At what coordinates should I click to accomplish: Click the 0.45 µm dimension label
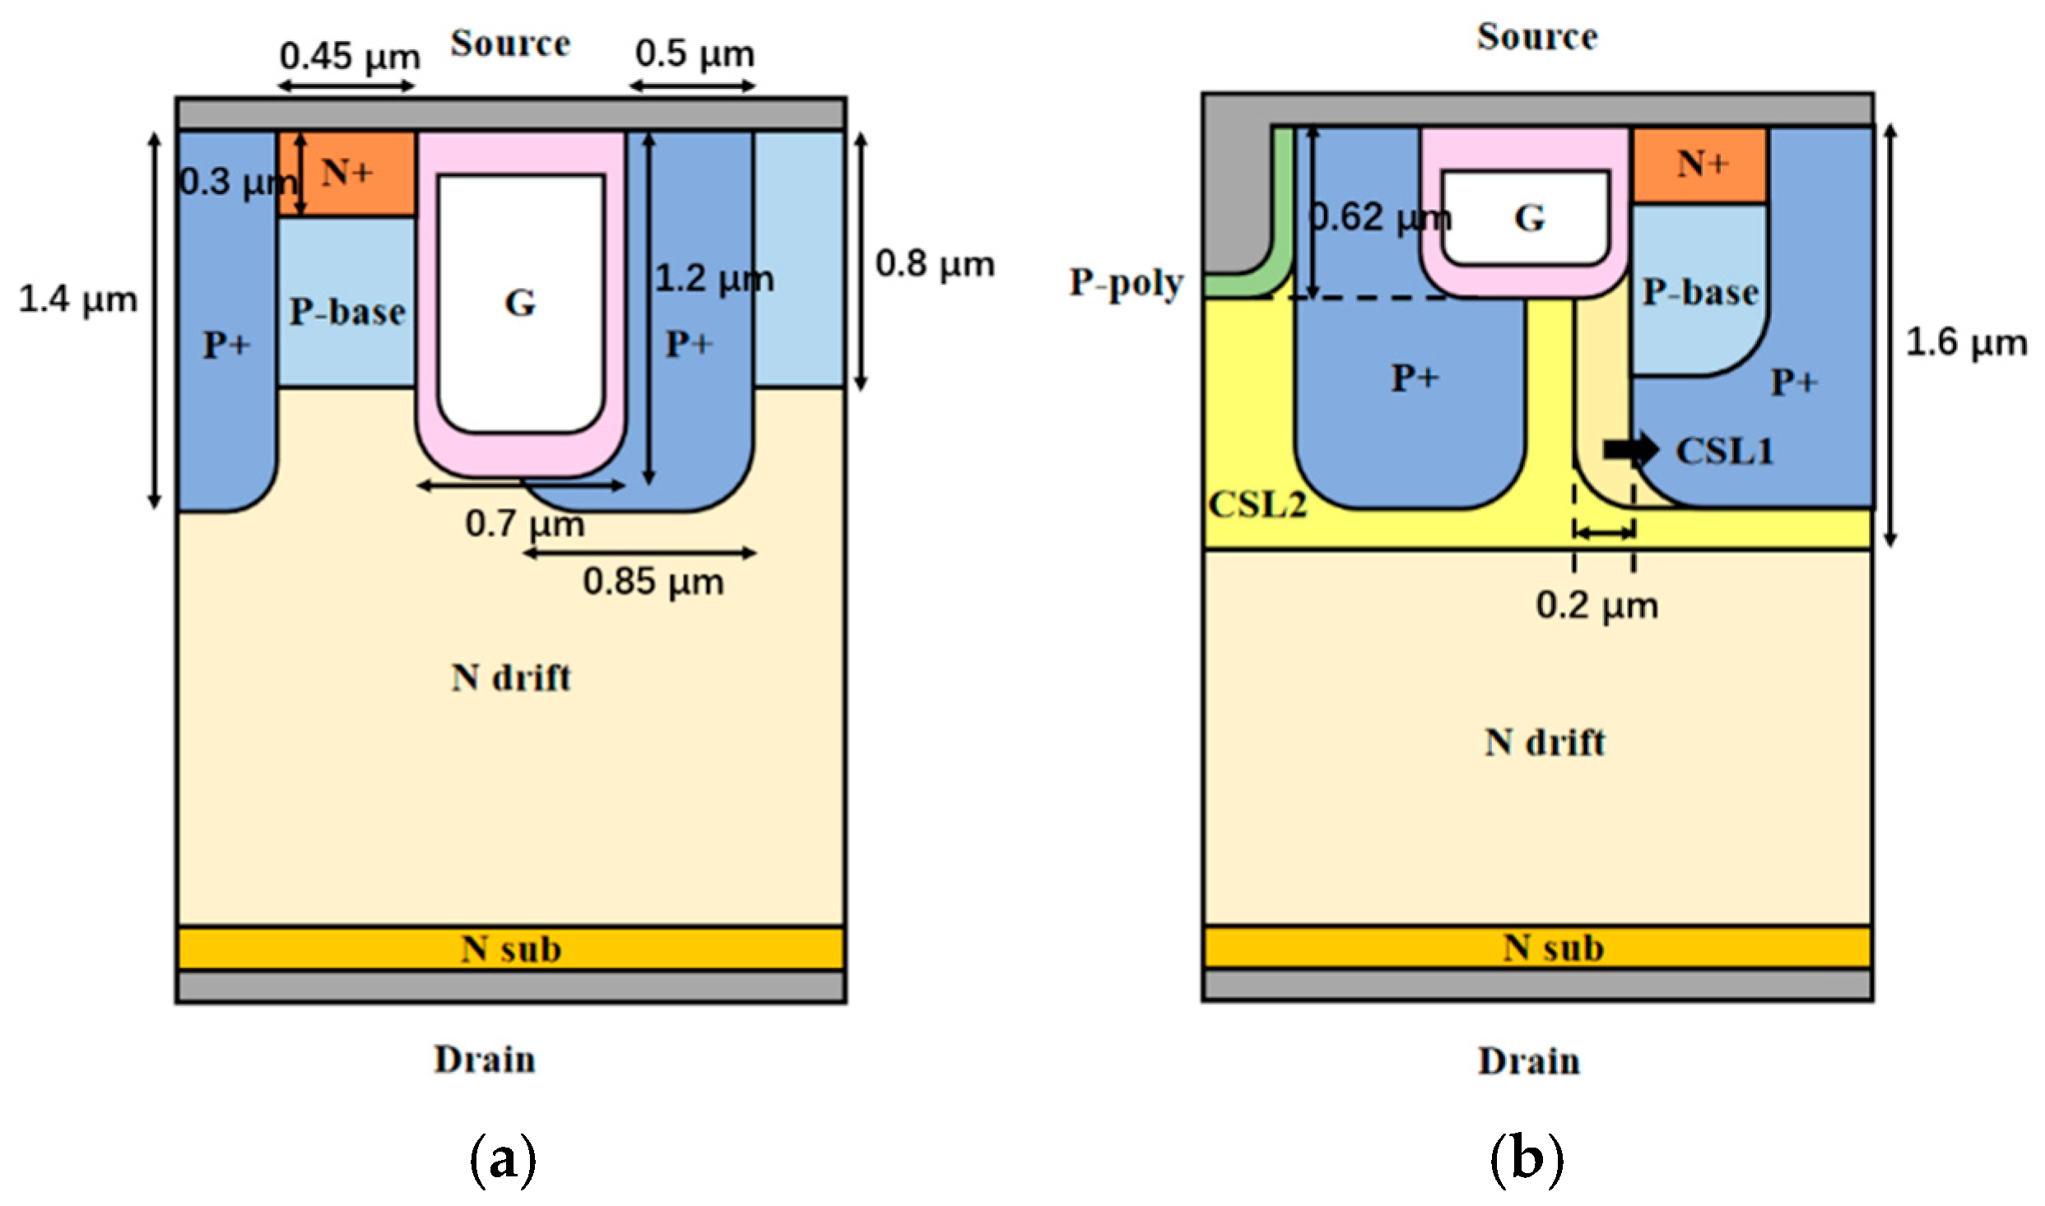(350, 57)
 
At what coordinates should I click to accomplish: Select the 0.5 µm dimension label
(695, 53)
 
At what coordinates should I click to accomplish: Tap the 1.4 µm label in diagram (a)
(78, 299)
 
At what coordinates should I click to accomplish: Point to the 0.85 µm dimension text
(653, 582)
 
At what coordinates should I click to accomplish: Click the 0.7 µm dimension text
(525, 524)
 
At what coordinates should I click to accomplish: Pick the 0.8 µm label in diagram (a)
(935, 264)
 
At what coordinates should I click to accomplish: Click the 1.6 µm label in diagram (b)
(1966, 343)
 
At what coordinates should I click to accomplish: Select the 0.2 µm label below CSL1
(1596, 606)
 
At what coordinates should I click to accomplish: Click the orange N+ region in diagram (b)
(1701, 165)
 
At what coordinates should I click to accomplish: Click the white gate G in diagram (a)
(521, 303)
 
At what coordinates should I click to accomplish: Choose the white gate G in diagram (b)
(1527, 218)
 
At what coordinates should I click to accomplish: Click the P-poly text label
(1126, 283)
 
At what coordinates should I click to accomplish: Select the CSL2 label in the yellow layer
(1257, 504)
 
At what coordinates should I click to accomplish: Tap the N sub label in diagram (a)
(511, 949)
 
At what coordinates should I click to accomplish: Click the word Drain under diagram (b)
(1528, 1061)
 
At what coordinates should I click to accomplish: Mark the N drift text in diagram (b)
(1544, 743)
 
